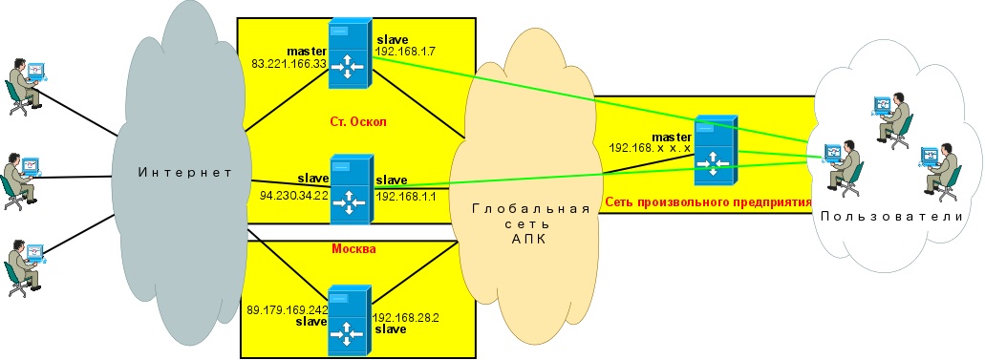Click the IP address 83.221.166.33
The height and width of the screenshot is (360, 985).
pos(289,62)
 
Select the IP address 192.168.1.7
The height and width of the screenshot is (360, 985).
pos(402,51)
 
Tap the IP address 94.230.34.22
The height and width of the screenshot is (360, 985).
pos(294,196)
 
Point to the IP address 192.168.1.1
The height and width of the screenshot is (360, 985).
pos(406,196)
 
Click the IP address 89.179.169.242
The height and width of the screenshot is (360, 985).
pos(288,309)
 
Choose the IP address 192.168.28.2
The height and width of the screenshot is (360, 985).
pos(405,318)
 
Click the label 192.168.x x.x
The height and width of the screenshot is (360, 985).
pos(651,148)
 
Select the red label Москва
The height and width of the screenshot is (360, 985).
pos(353,249)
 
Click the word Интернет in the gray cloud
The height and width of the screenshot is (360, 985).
pos(184,172)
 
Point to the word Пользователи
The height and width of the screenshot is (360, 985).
pos(891,217)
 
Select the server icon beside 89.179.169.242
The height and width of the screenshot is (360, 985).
pos(351,321)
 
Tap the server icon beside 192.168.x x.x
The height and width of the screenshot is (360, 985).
pos(716,150)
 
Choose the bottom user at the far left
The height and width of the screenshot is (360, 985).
pos(24,268)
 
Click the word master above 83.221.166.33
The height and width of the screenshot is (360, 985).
pos(308,51)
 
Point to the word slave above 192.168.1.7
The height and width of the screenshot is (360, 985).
pos(390,39)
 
